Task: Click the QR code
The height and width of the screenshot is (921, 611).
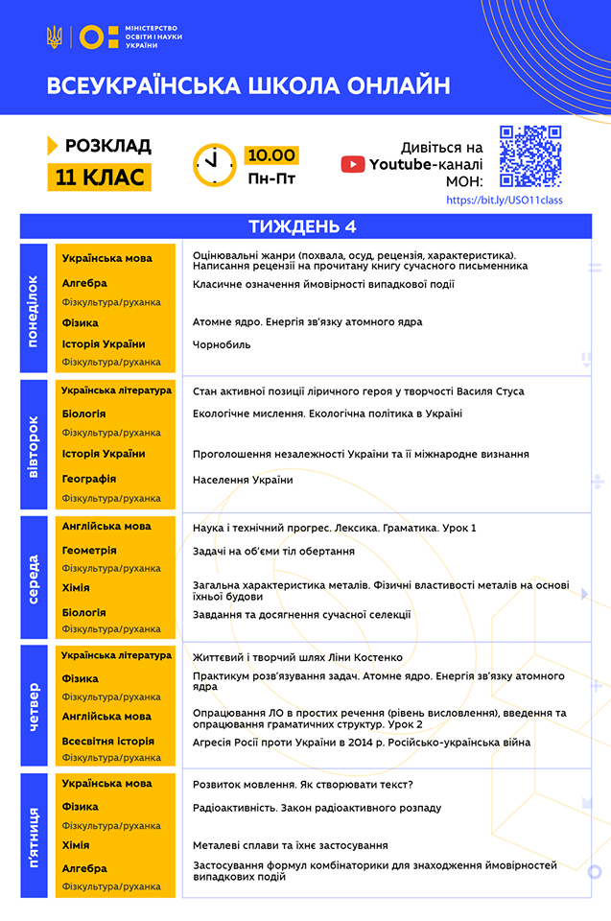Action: [530, 156]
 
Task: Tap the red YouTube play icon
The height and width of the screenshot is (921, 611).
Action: [353, 165]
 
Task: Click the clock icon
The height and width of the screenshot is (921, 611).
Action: [214, 164]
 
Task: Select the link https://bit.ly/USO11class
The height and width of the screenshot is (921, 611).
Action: [505, 201]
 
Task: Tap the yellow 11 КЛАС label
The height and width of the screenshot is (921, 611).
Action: [99, 177]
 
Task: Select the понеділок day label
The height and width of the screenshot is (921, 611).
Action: [34, 310]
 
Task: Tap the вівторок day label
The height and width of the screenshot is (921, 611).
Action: [34, 446]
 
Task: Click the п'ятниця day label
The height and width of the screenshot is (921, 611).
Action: [34, 836]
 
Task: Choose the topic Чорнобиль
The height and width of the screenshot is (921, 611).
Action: [222, 344]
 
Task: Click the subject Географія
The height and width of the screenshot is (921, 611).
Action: [89, 479]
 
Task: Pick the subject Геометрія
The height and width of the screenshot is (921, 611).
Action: [89, 551]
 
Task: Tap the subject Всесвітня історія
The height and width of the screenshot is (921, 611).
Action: [107, 742]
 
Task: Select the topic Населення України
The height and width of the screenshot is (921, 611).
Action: [243, 480]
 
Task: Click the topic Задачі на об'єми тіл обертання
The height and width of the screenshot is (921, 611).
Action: [273, 552]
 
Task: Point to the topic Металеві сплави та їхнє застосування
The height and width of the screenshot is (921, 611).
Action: [290, 845]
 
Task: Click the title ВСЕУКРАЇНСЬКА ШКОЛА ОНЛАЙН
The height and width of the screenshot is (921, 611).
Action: [248, 86]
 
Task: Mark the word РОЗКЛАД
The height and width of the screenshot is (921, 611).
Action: [107, 146]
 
